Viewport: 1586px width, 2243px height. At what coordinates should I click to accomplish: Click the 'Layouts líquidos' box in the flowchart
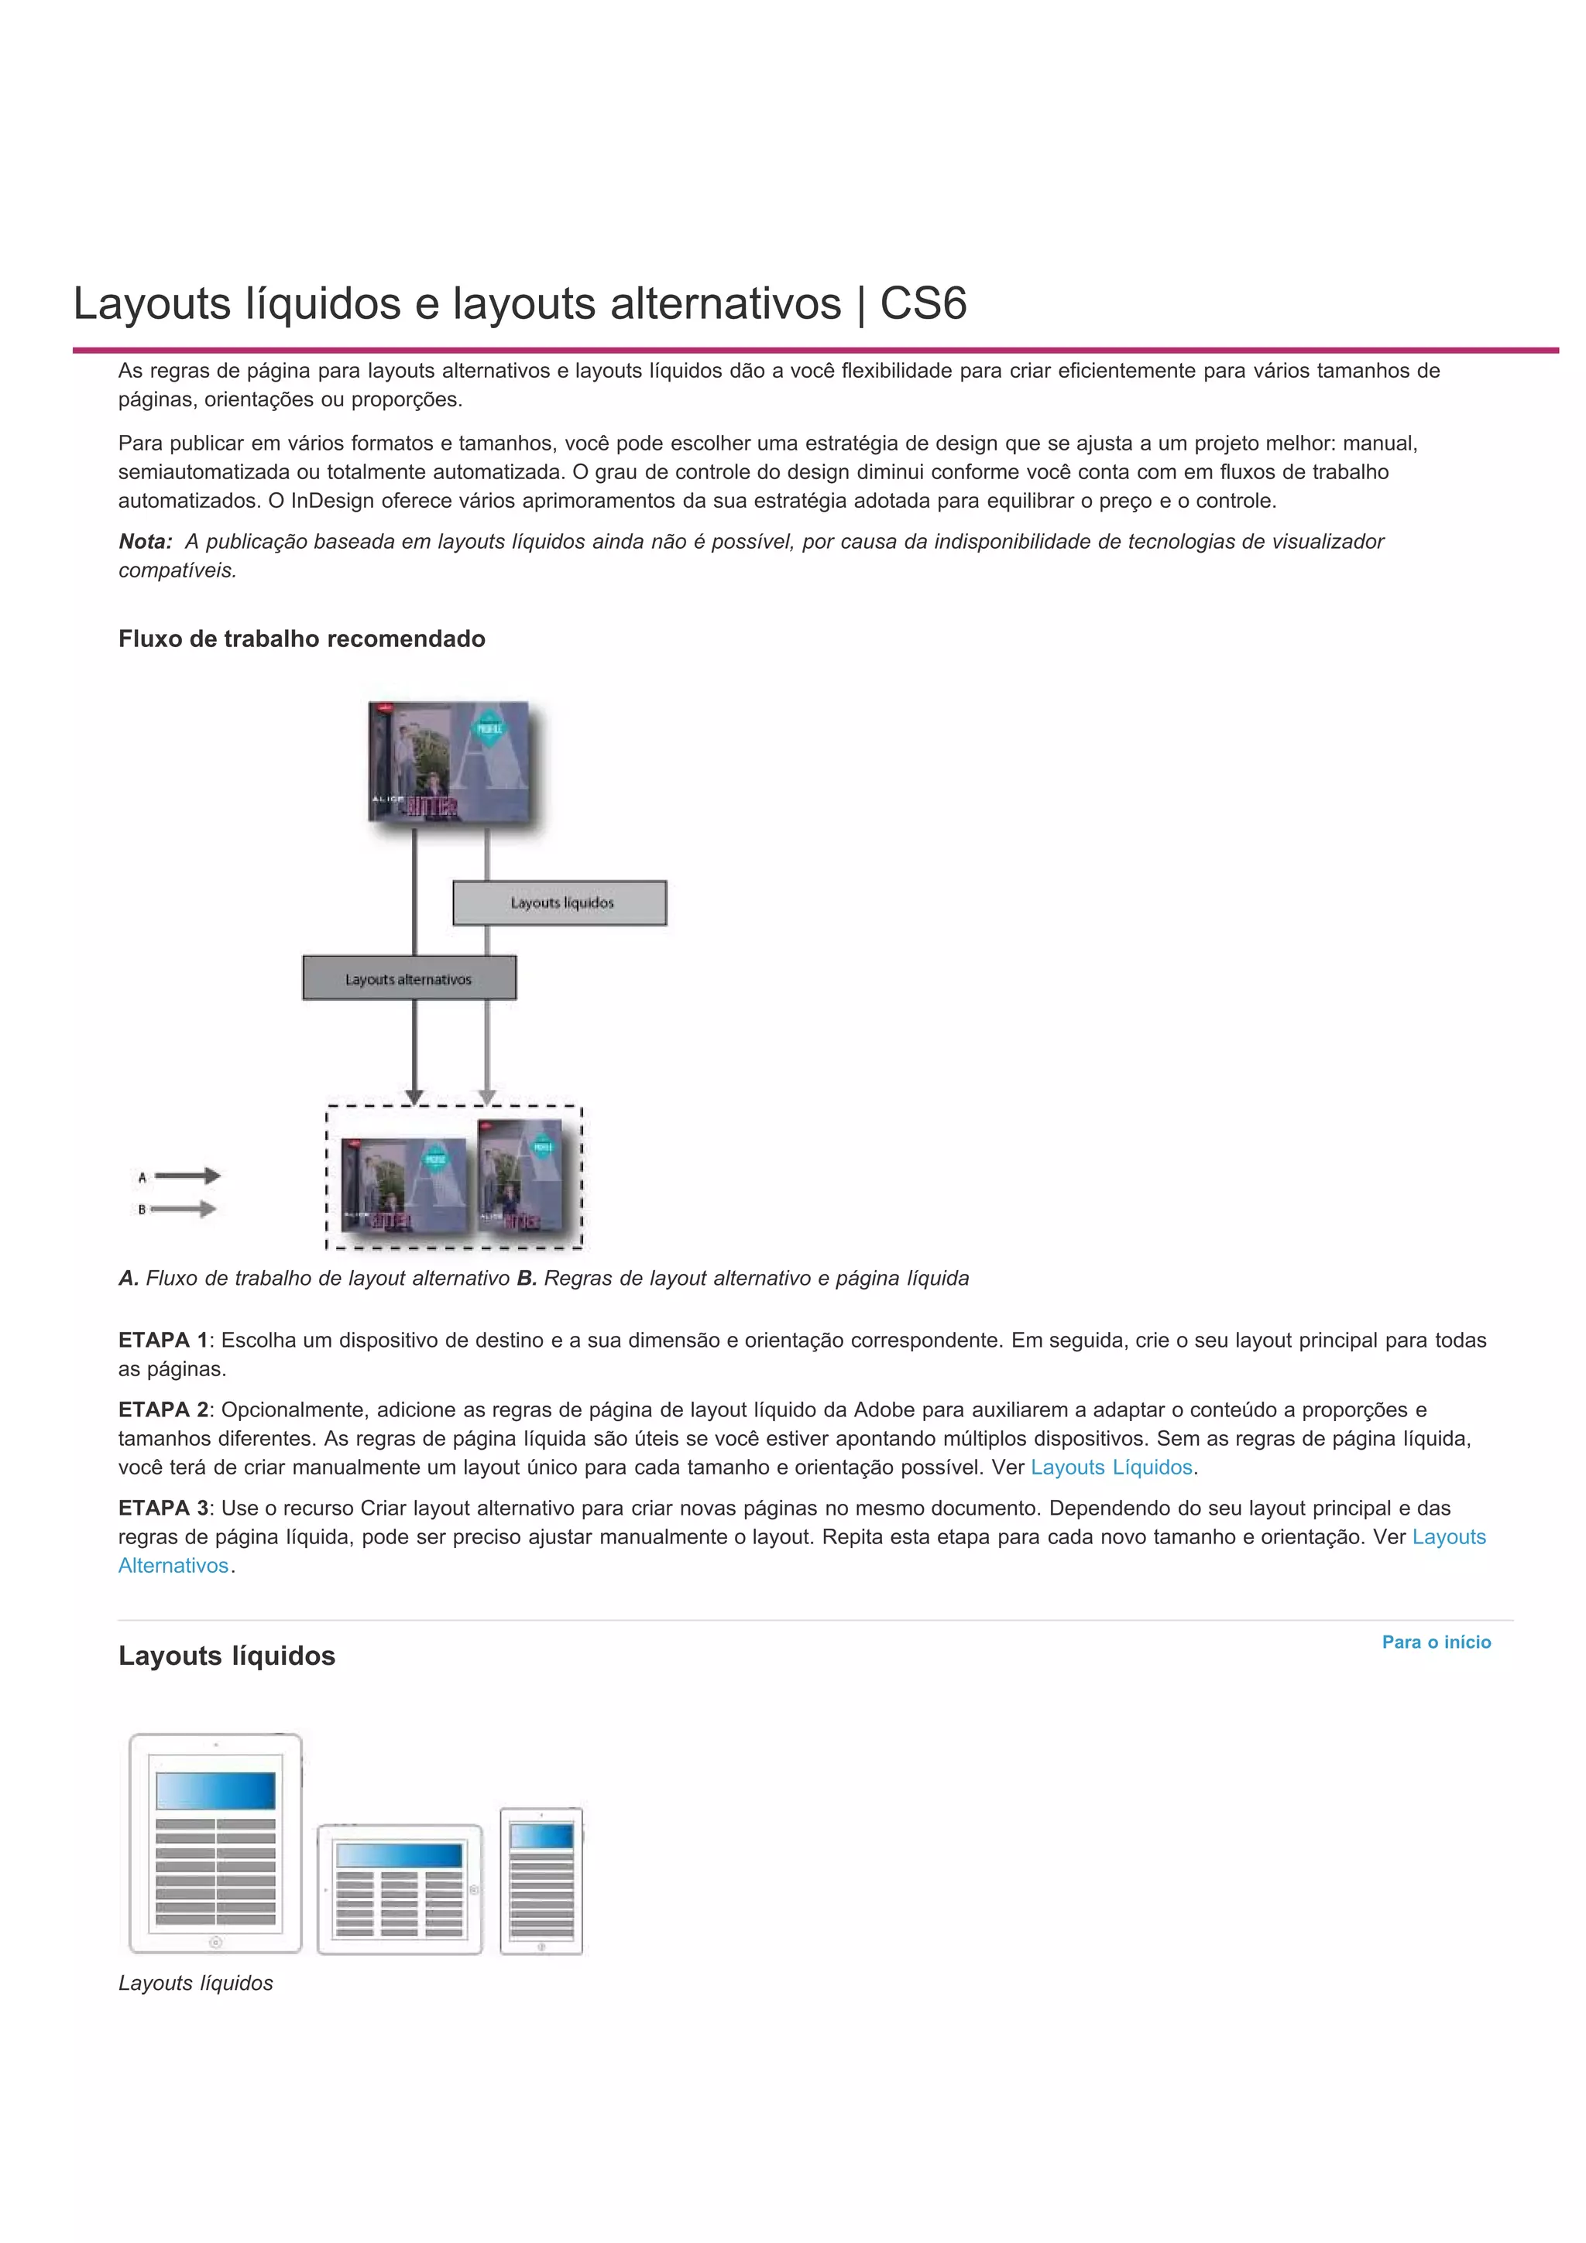click(560, 902)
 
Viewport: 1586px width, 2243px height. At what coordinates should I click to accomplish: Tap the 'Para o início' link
click(1436, 1642)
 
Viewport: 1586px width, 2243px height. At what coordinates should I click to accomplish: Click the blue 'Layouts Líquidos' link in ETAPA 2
click(1111, 1467)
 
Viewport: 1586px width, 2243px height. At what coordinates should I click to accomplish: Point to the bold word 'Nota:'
click(146, 541)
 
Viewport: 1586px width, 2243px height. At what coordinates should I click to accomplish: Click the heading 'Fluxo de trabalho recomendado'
click(302, 639)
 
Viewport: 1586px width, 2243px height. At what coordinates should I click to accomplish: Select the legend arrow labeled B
click(184, 1210)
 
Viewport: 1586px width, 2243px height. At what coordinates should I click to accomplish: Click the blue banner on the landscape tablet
click(399, 1855)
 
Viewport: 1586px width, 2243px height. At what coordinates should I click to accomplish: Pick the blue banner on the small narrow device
click(541, 1836)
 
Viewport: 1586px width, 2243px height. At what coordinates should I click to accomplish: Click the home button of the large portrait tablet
click(216, 1941)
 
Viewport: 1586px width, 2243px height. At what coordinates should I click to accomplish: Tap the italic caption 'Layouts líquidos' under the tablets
click(195, 1983)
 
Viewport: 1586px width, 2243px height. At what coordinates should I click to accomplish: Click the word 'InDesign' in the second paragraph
click(331, 502)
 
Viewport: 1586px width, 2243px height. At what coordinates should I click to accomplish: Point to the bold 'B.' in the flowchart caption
click(527, 1278)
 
